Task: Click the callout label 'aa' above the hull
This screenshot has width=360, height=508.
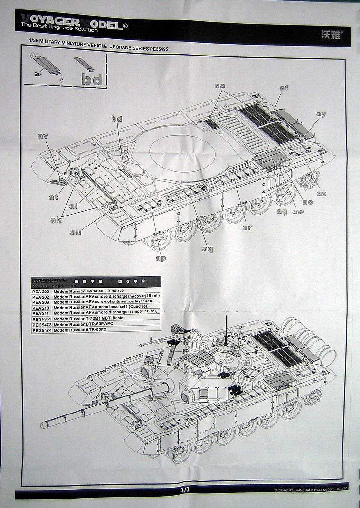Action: point(219,85)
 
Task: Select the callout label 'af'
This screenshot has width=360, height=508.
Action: point(284,88)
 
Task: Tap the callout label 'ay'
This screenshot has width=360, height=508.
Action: point(321,114)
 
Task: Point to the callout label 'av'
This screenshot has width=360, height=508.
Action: point(43,136)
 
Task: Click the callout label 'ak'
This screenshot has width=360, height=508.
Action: point(56,220)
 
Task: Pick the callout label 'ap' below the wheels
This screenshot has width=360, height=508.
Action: point(161,258)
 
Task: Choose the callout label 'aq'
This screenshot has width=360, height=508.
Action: point(207,249)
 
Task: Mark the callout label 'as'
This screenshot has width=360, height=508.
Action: point(322,193)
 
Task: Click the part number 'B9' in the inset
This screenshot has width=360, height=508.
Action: point(37,74)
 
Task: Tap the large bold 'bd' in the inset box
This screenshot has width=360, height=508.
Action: point(92,79)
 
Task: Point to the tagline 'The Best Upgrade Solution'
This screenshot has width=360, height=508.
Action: point(59,30)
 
